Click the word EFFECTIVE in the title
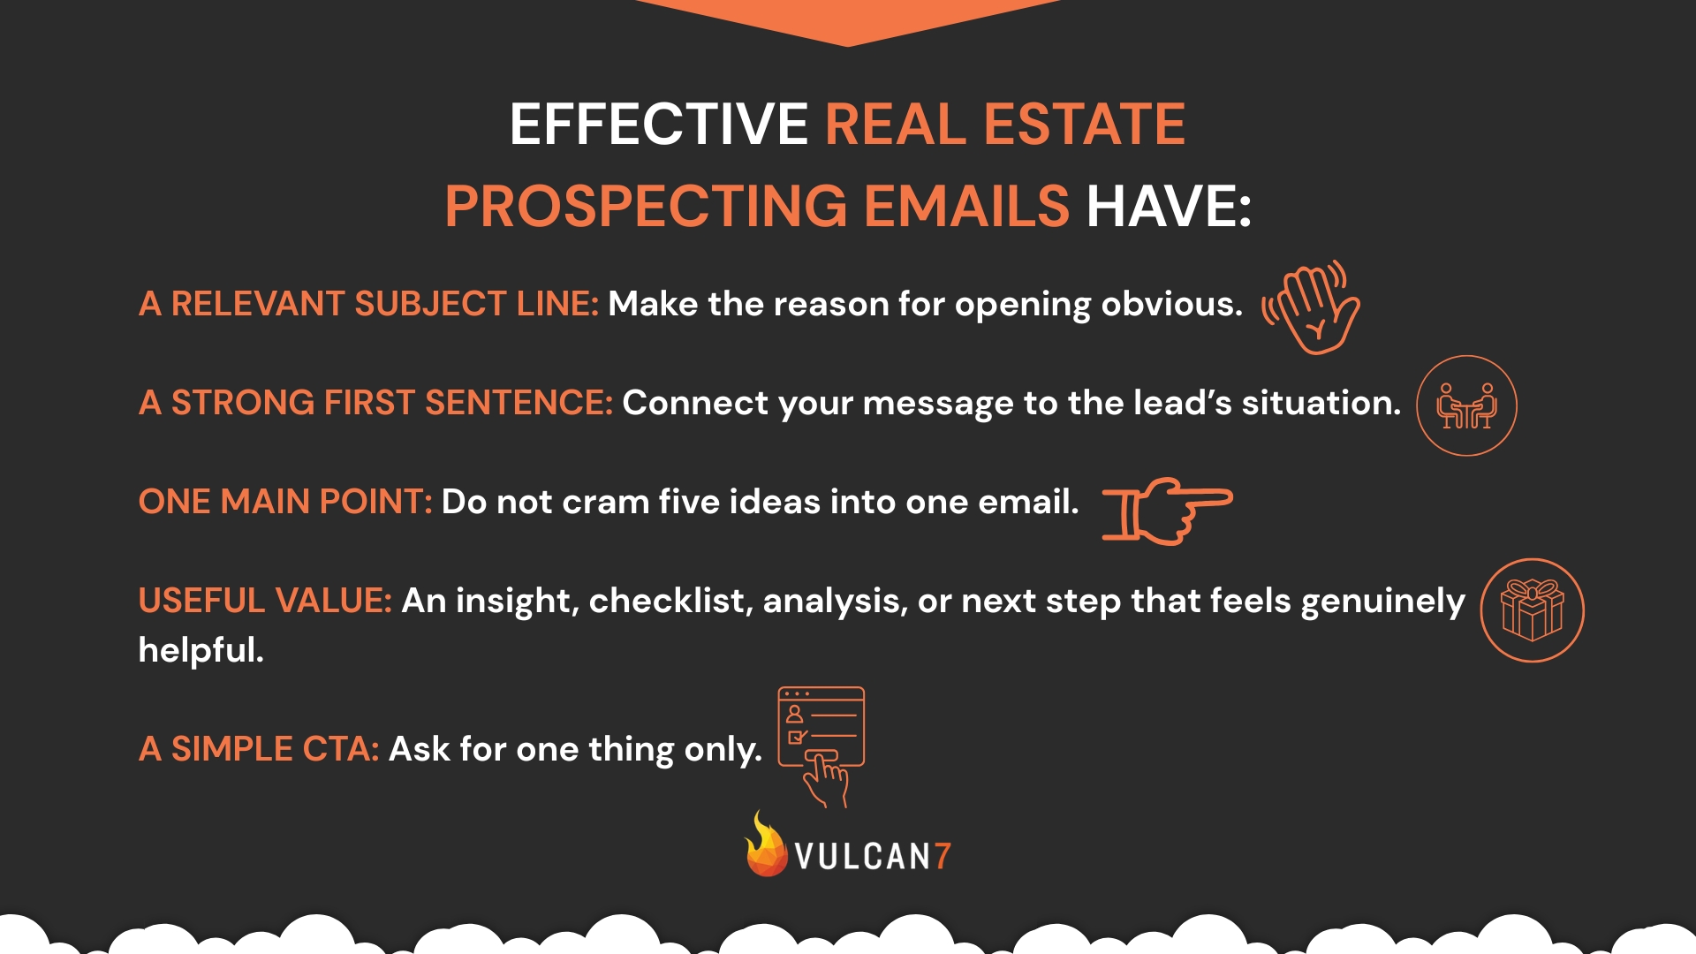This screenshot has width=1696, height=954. coord(658,125)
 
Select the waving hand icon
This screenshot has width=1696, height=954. coord(1312,307)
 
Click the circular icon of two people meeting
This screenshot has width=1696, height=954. coord(1466,405)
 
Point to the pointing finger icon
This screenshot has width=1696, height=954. coord(1166,510)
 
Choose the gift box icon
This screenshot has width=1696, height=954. coord(1532,610)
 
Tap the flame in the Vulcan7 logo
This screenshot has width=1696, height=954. coord(765,846)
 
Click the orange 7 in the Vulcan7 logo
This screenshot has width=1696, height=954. coord(943,856)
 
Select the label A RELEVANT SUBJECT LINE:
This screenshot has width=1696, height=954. coord(368,304)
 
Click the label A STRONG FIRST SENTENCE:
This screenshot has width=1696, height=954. coord(375,403)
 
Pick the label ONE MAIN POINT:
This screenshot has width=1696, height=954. coord(284,502)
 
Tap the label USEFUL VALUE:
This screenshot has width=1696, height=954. coord(265,601)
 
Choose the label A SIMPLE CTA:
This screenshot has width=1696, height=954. coord(259,749)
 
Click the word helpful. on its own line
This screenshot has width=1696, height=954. coord(201,650)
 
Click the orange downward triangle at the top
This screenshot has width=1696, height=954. coord(847,19)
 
